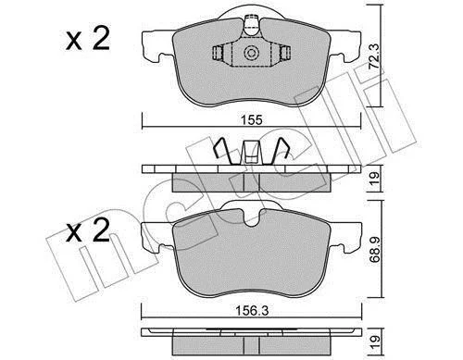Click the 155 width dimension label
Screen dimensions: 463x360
click(251, 119)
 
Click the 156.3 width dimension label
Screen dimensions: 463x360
click(252, 311)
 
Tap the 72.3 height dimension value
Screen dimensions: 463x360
click(374, 56)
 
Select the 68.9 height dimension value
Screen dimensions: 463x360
click(375, 250)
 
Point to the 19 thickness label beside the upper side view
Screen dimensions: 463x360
click(374, 179)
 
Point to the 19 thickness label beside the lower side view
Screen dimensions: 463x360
click(374, 341)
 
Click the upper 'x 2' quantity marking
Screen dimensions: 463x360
click(88, 39)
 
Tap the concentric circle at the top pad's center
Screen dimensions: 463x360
click(251, 53)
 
